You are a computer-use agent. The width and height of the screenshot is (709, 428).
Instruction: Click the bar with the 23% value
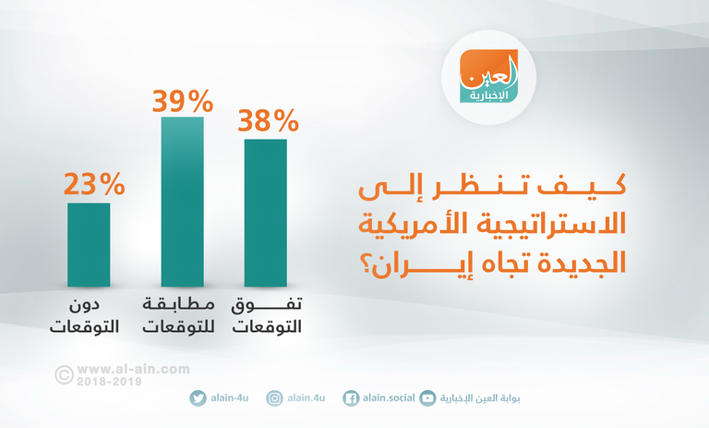coord(89,244)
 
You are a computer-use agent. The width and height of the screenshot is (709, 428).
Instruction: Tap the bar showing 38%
coord(265,213)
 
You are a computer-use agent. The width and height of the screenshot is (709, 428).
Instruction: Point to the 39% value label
coord(182,99)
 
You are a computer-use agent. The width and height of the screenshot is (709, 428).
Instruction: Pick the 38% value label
coord(268,120)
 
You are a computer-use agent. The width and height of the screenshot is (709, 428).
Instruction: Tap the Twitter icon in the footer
coord(198,398)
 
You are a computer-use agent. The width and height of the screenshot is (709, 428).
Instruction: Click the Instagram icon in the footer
coord(274,398)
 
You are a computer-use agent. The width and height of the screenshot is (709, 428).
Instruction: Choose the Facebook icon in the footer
coord(351,398)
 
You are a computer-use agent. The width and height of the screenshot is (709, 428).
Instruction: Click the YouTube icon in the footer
coord(427,398)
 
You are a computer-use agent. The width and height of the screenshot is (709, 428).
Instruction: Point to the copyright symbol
coord(65,373)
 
